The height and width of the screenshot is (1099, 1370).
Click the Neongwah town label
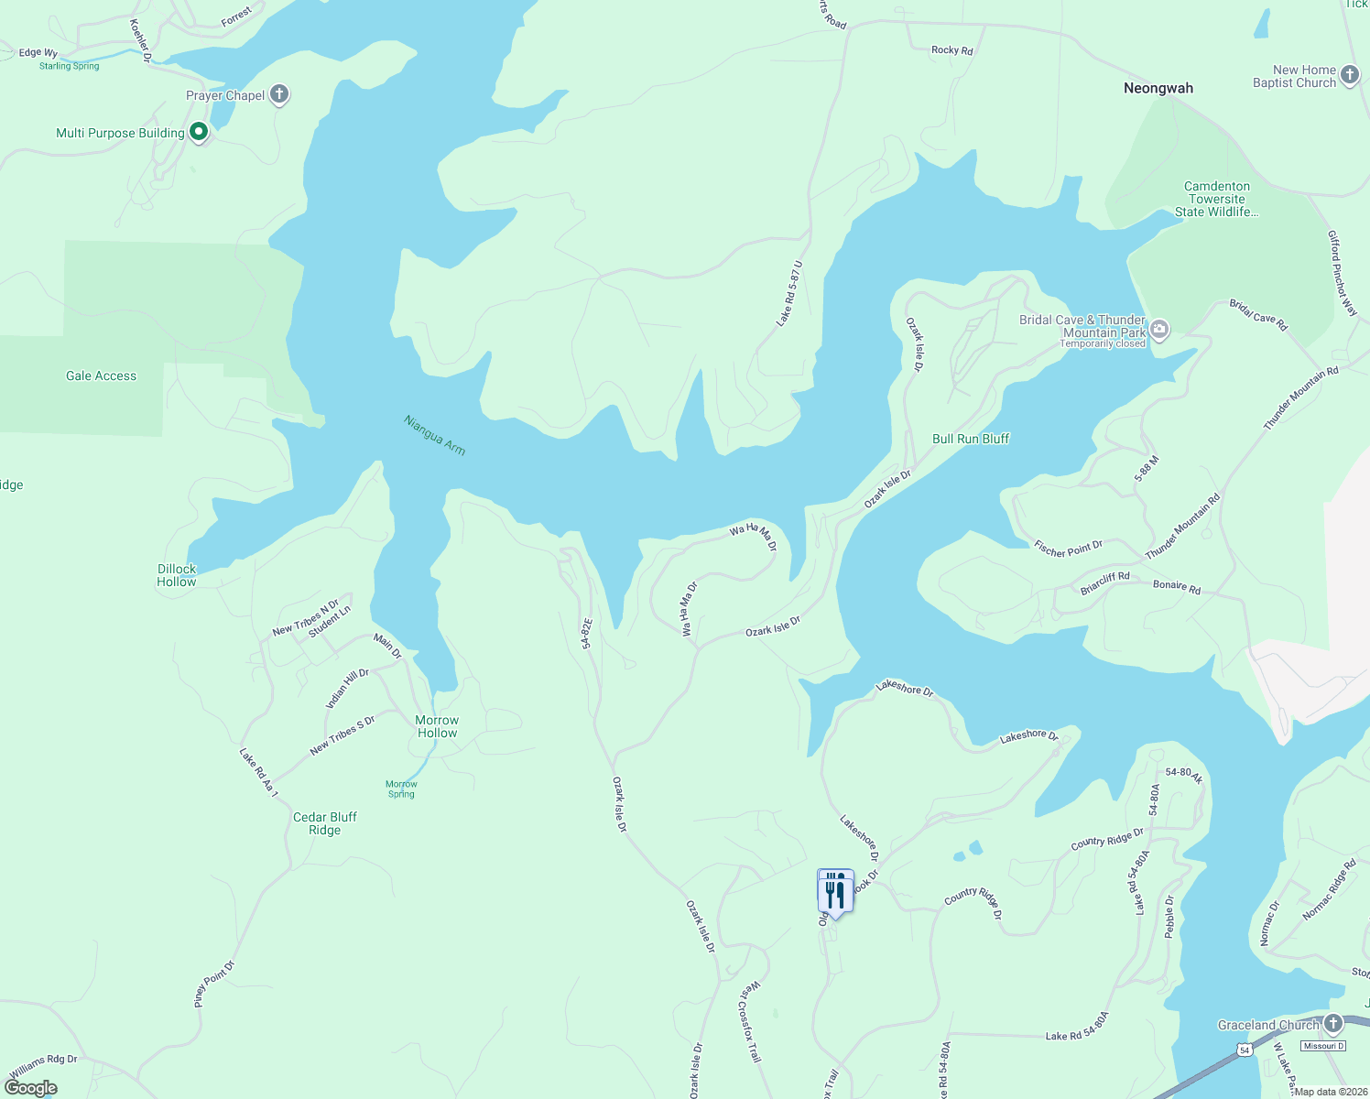1158,89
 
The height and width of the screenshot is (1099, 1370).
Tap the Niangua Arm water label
435,435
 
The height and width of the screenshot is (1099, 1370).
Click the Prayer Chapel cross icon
280,94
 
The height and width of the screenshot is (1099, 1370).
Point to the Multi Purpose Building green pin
199,133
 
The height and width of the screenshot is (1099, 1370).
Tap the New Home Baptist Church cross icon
1350,75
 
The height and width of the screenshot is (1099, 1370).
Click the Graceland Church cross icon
1333,1024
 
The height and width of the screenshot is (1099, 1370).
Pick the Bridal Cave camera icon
1159,330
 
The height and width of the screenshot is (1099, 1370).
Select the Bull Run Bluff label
971,439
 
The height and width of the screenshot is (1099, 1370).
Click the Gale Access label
101,375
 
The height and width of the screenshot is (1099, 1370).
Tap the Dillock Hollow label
177,575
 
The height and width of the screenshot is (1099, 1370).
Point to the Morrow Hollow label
437,726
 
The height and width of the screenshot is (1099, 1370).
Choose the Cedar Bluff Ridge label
325,823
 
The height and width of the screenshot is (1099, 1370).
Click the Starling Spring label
70,66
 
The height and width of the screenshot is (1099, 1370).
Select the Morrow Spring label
401,789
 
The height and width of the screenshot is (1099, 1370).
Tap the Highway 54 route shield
1242,1050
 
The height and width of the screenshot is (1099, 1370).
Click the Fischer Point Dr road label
1068,549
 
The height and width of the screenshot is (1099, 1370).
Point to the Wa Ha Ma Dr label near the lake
753,536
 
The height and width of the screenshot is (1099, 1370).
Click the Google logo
31,1088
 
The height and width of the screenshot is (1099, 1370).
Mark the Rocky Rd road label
952,50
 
